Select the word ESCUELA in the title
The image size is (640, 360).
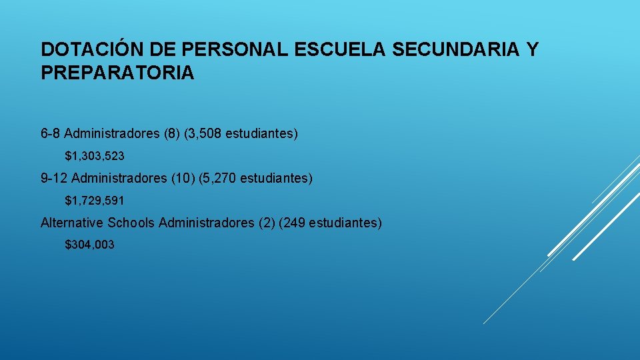click(319, 49)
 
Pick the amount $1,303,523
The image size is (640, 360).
click(95, 156)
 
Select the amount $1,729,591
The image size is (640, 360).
click(95, 200)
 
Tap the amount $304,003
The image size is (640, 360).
click(89, 245)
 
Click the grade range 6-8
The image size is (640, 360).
click(51, 134)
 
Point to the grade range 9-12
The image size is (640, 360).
click(54, 178)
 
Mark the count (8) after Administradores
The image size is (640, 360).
click(171, 134)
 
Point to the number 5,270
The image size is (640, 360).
click(220, 178)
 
